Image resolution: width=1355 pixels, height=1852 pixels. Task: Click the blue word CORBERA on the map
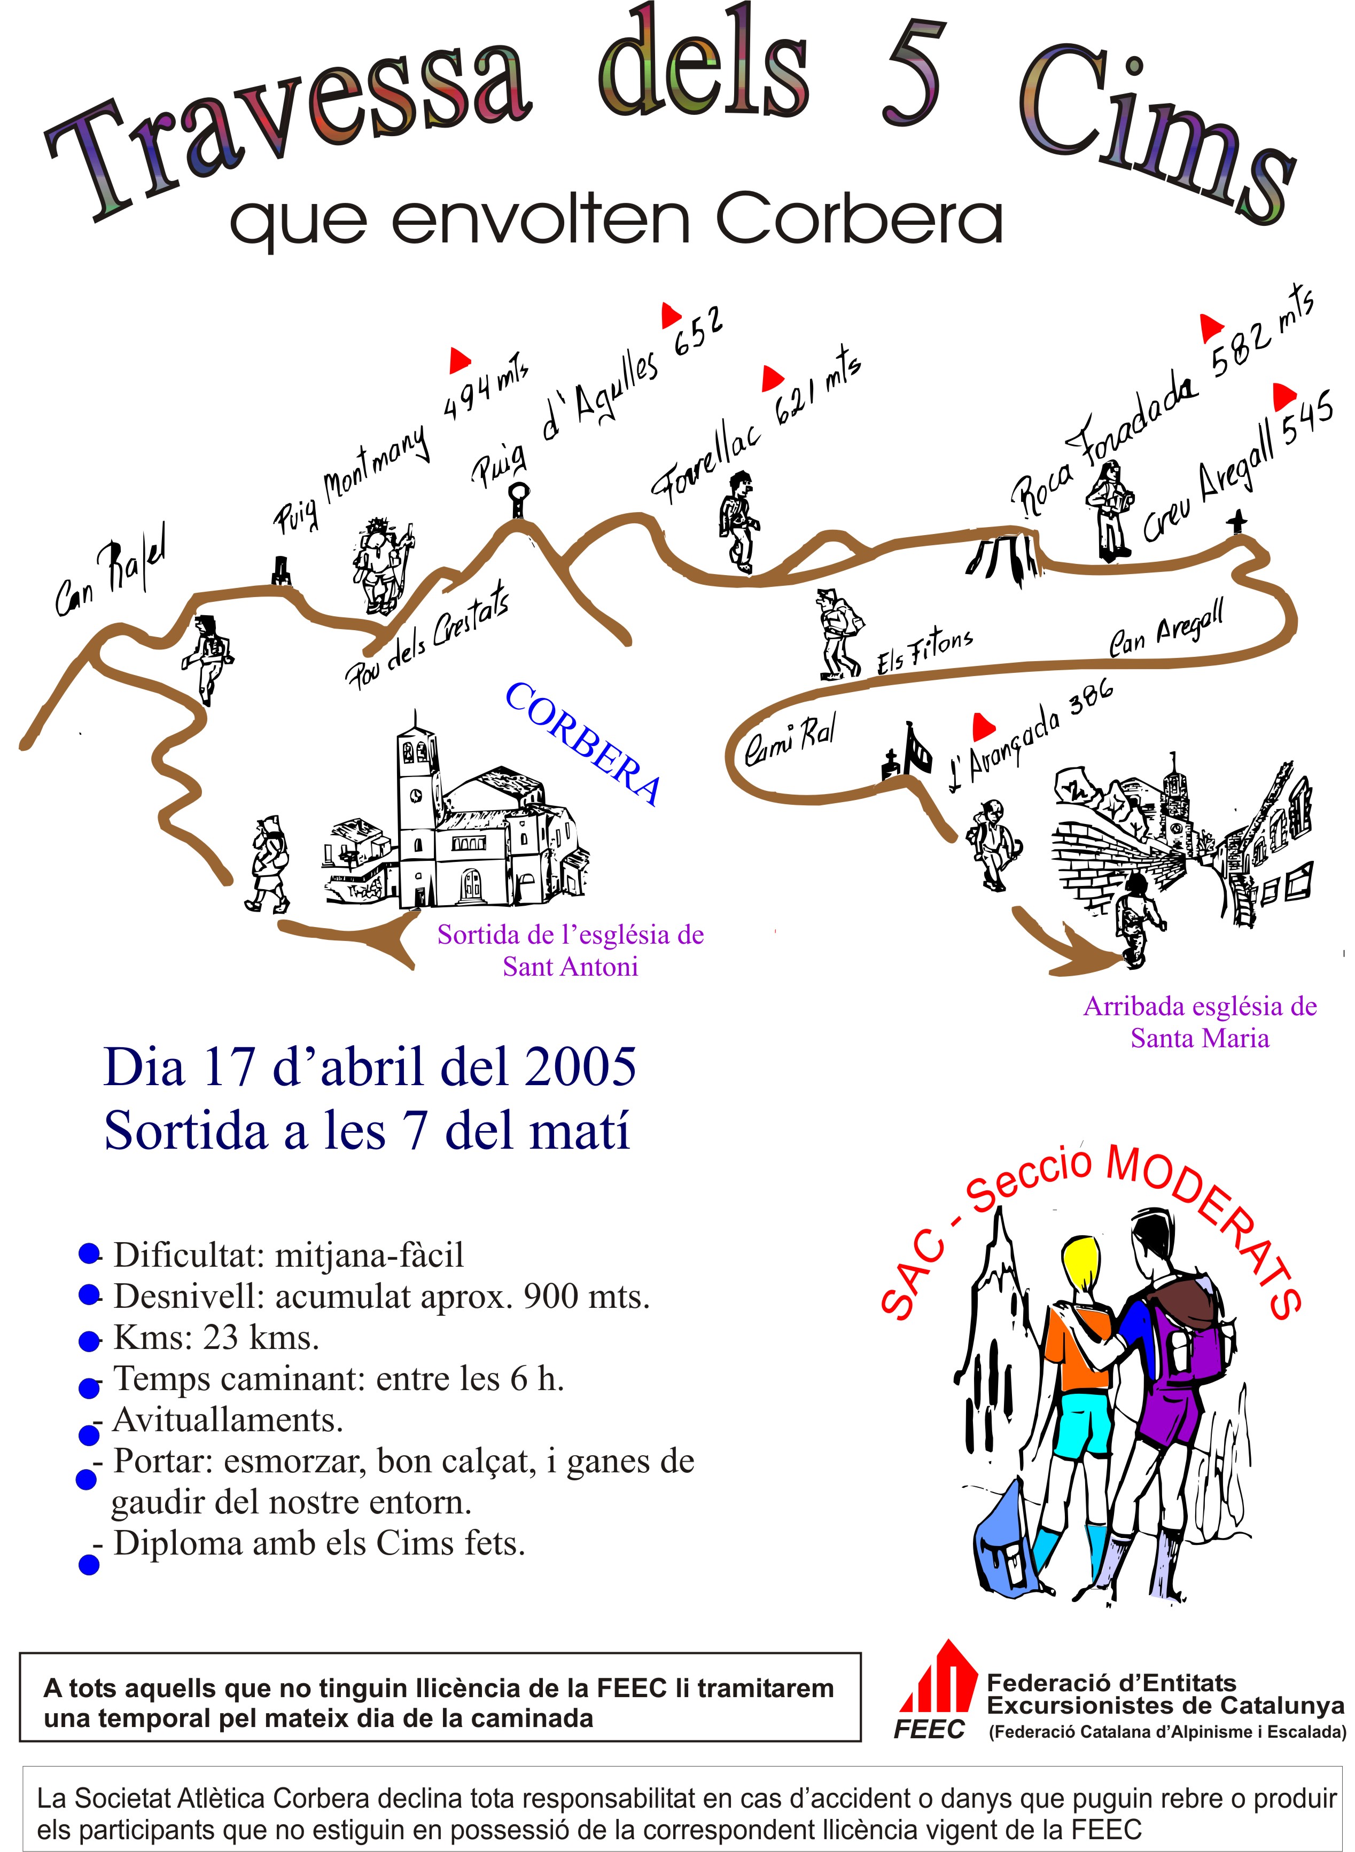(x=583, y=743)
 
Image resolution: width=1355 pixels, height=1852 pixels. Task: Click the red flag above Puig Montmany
(x=460, y=360)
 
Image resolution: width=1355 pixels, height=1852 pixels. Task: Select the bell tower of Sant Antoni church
(x=417, y=779)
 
